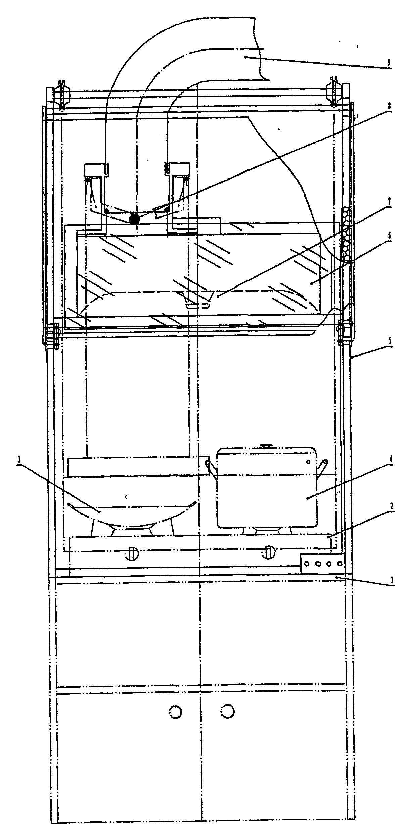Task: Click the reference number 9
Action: coord(389,62)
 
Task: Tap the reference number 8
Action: coord(389,105)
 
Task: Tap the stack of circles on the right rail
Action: coord(346,235)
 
